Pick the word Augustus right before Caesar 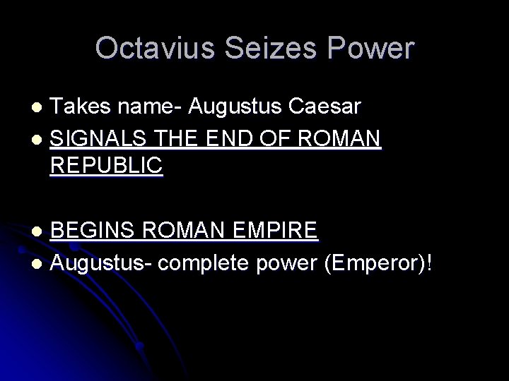click(230, 107)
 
